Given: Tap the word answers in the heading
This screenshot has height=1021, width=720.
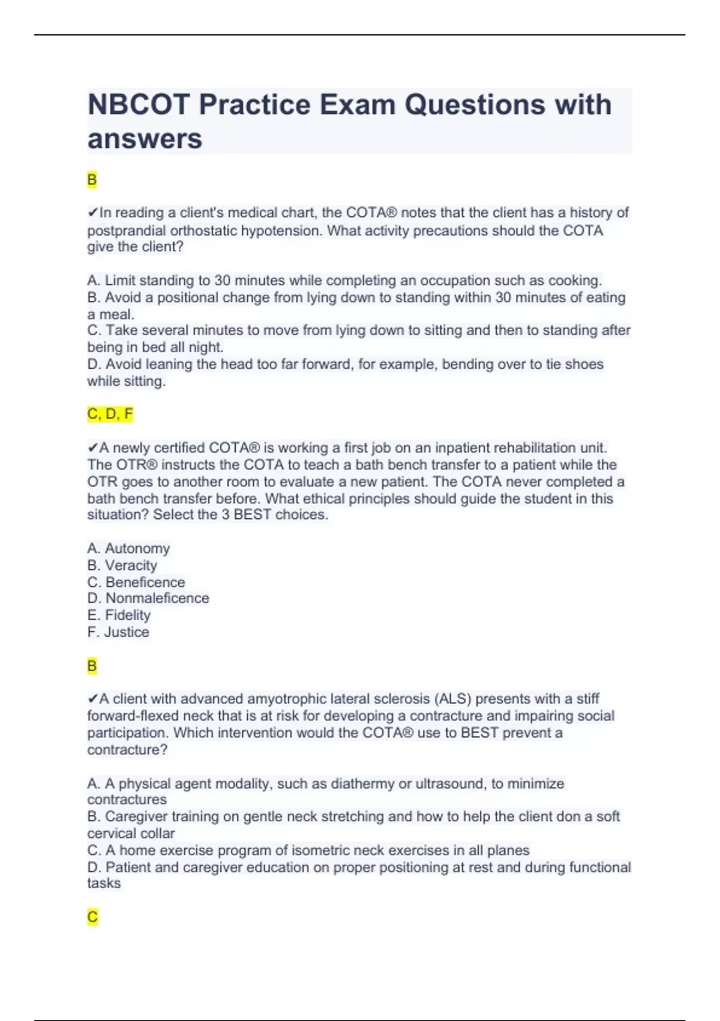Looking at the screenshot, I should (145, 139).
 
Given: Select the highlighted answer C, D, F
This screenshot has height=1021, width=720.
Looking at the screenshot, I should (110, 414).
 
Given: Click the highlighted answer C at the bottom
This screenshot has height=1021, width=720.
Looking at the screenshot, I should (92, 916).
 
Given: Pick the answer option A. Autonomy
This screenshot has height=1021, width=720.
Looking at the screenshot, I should (128, 548).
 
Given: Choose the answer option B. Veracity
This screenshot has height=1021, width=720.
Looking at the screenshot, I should (122, 565).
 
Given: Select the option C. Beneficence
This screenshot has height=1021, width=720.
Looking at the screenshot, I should (136, 582).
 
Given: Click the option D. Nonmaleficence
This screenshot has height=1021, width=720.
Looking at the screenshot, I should (148, 598).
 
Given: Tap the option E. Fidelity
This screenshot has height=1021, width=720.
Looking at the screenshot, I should (119, 615).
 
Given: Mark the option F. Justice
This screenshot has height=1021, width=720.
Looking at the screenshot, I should (118, 632).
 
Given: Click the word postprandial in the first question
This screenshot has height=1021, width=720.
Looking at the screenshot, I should (127, 231).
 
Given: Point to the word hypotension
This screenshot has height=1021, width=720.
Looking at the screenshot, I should (282, 231).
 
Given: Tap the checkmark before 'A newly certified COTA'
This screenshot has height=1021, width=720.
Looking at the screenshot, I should (92, 448).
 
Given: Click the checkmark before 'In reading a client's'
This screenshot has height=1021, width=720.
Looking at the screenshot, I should (92, 213).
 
